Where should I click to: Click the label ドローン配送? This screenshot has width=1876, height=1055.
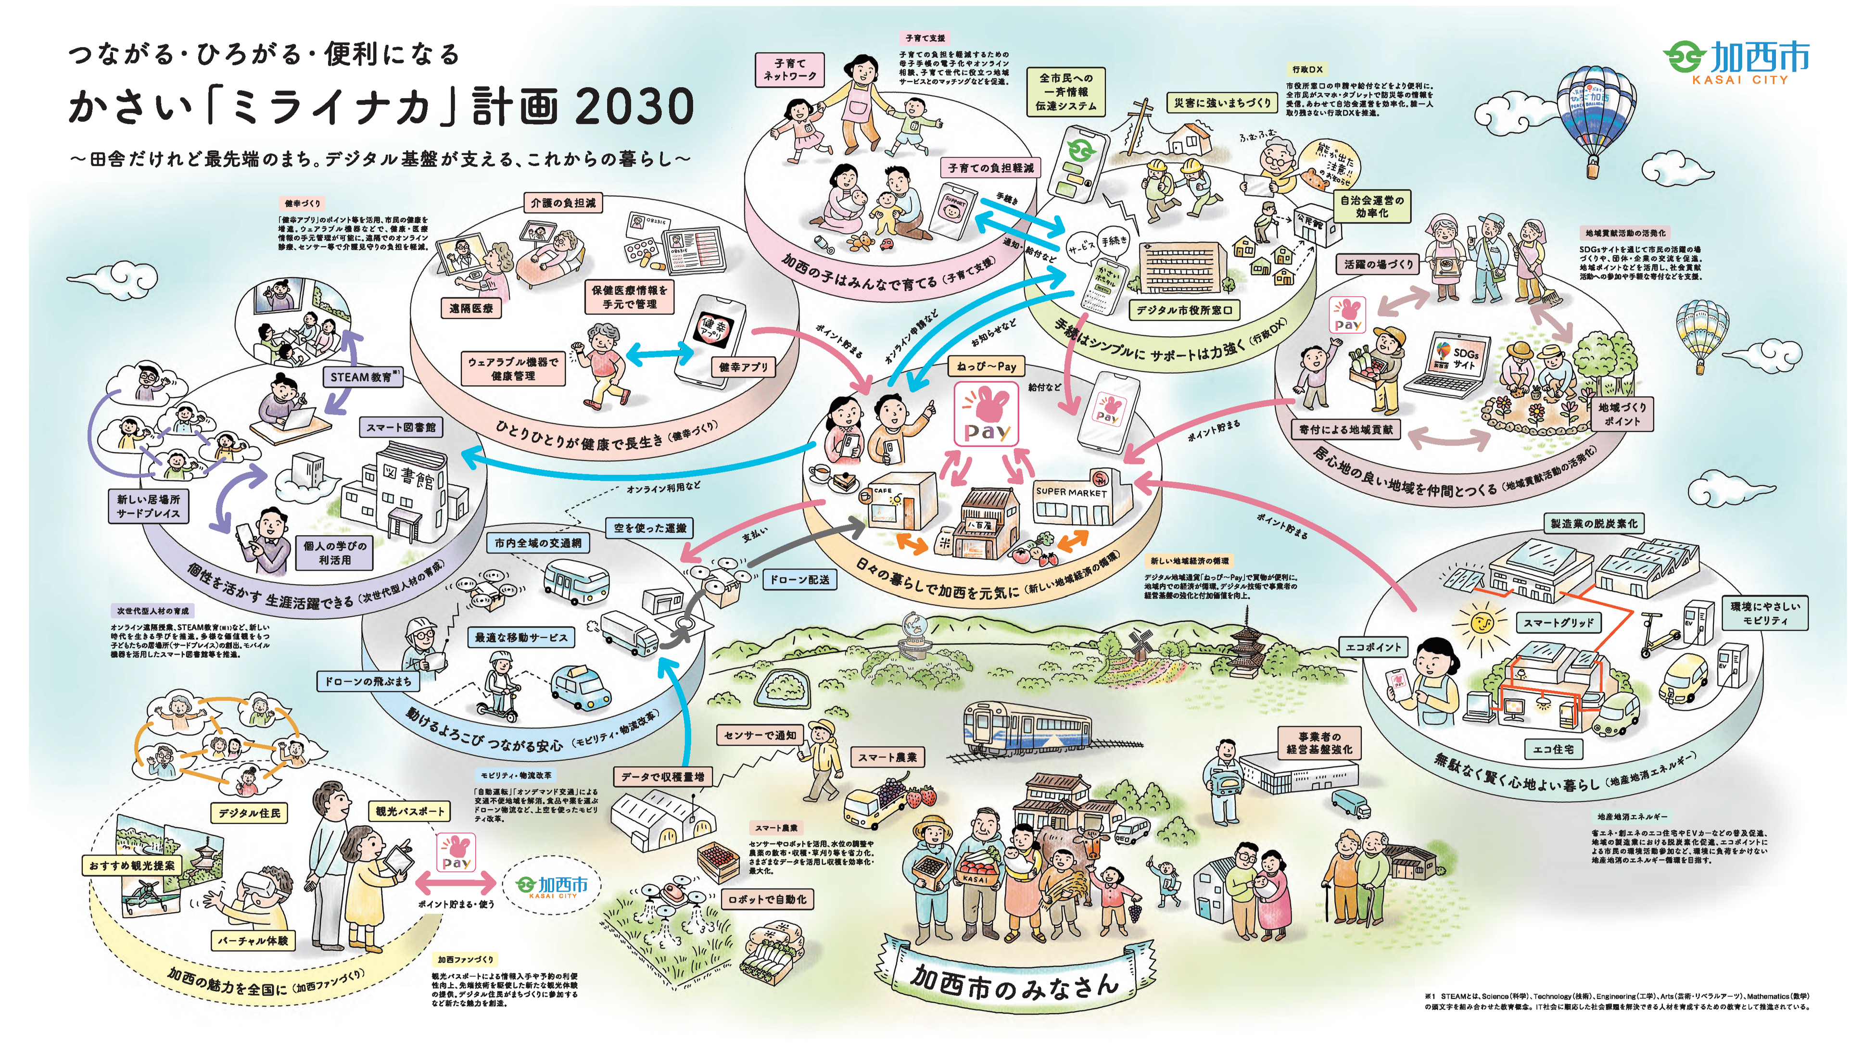[799, 579]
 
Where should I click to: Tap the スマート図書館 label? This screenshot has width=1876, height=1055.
[401, 427]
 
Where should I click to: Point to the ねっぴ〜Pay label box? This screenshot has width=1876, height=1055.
[987, 367]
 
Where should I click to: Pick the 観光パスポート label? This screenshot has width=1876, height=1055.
[409, 811]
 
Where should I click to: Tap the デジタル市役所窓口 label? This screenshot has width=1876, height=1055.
[1184, 310]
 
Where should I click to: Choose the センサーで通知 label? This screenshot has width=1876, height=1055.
[759, 735]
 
